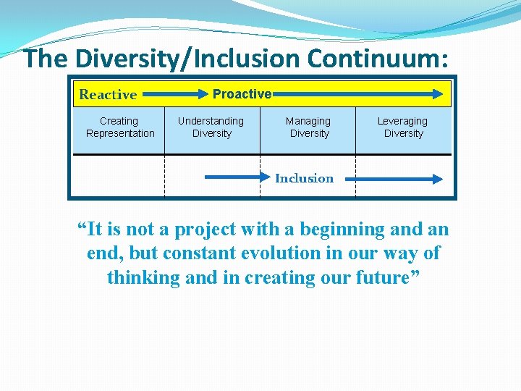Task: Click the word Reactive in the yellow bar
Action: pos(108,94)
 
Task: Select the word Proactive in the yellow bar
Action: pos(242,94)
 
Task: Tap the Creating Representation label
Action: pos(119,127)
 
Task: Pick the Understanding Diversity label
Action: pos(211,127)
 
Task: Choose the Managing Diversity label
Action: pos(308,127)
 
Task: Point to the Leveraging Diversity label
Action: pos(403,127)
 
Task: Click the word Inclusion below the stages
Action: pos(304,178)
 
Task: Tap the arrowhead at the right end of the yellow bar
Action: pos(437,94)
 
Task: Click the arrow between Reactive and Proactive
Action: pos(174,94)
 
